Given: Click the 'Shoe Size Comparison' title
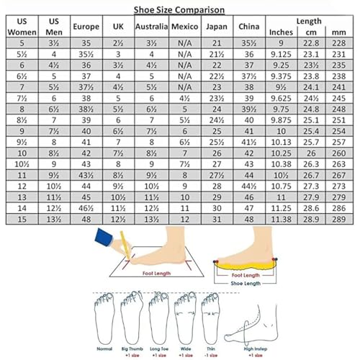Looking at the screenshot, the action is tap(179, 10).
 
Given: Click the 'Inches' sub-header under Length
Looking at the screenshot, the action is tap(280, 32).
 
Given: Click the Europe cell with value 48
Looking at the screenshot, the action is tap(85, 219).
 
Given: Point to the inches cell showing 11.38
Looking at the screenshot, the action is tap(280, 219).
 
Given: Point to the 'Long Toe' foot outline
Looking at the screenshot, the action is tap(159, 316).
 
